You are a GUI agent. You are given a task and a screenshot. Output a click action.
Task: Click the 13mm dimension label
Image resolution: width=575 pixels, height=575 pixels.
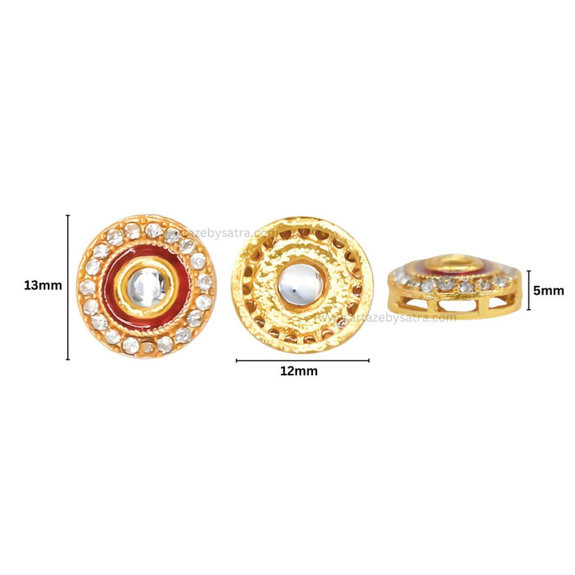coord(43,286)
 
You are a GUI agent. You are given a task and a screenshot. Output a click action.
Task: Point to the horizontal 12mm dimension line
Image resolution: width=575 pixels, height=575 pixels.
coord(302,361)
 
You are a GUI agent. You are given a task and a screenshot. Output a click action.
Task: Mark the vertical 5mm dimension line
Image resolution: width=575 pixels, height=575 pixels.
coord(528,290)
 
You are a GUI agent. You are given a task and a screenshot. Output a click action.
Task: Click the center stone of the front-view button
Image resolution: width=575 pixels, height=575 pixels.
coord(146,285)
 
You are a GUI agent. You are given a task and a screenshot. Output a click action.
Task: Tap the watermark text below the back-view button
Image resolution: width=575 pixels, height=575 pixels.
coord(391,317)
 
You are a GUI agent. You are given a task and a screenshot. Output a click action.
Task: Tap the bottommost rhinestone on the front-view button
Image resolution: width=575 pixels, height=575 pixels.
coord(147,347)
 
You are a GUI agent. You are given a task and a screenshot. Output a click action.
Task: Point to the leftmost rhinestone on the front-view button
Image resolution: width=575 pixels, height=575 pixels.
coord(84,286)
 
